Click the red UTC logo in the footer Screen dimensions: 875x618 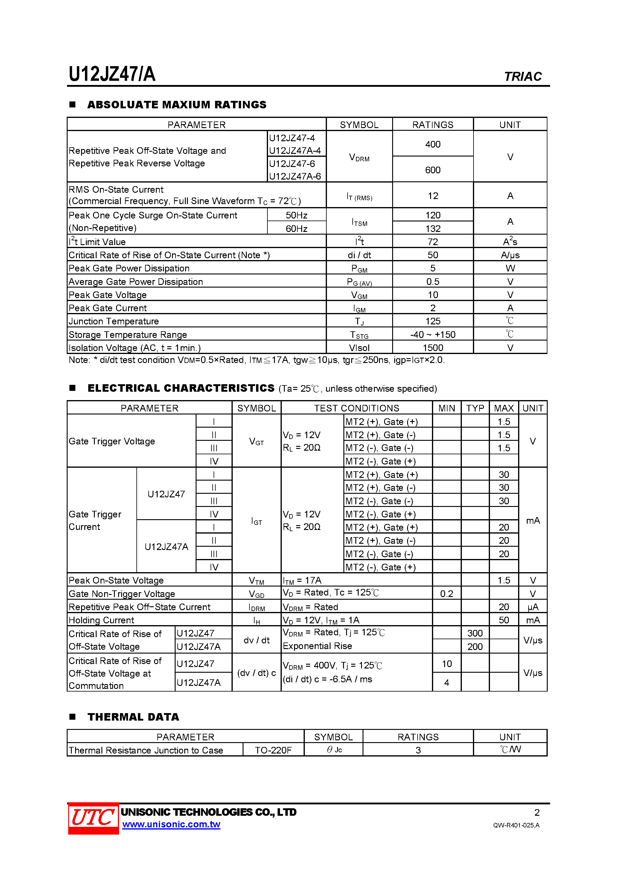tap(93, 818)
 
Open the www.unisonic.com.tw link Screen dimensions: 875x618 tap(171, 824)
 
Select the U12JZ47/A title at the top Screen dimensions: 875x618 tap(112, 74)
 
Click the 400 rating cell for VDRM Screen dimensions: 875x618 tap(433, 144)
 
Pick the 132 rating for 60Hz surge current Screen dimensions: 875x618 tap(433, 228)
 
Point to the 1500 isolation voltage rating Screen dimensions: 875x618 tap(433, 347)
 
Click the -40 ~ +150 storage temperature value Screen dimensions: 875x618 tap(433, 334)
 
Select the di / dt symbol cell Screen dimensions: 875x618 tap(359, 255)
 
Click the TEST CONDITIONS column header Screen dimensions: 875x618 tap(356, 408)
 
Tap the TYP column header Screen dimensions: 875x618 tap(475, 408)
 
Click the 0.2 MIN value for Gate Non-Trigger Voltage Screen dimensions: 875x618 tap(447, 594)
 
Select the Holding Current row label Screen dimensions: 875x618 tap(101, 620)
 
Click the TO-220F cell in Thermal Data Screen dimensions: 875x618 tap(273, 750)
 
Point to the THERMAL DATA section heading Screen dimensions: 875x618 tap(133, 717)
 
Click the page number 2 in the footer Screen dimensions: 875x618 tap(537, 812)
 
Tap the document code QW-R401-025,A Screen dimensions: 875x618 tap(516, 825)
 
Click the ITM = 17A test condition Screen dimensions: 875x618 tap(302, 581)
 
